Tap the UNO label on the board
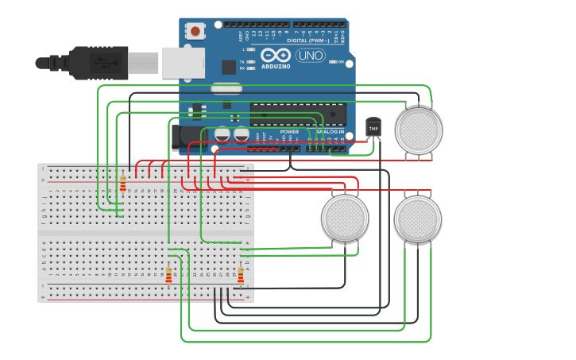(x=311, y=56)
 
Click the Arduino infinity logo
(x=276, y=55)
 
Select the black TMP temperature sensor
(x=373, y=127)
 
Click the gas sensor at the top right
(x=419, y=130)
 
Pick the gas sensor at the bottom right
(x=418, y=219)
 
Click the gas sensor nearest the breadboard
(x=345, y=218)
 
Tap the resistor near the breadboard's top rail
(x=122, y=184)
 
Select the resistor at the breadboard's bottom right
(x=241, y=274)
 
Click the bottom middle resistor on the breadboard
(x=168, y=274)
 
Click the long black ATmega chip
(x=298, y=114)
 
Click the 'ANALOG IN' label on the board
(x=331, y=132)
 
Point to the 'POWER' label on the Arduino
(x=289, y=132)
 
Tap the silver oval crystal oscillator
(x=226, y=88)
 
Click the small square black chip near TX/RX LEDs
(x=229, y=67)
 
